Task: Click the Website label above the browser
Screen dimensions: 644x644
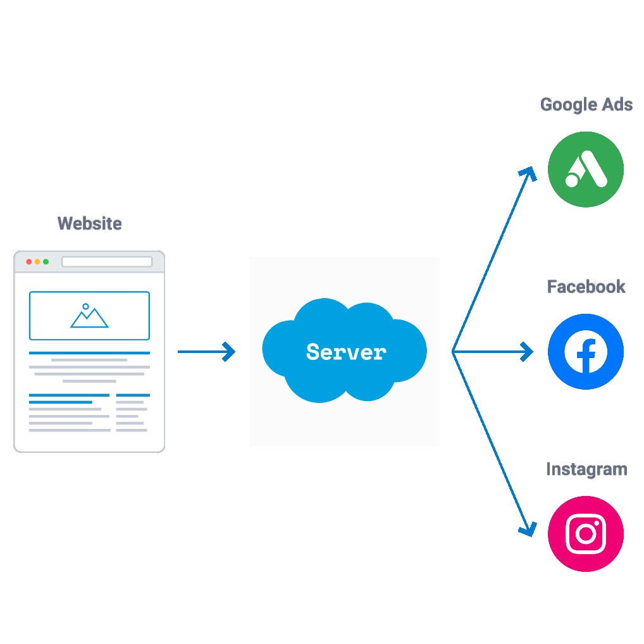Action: (89, 223)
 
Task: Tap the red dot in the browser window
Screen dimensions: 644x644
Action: (29, 262)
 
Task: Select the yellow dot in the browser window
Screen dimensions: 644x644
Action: (37, 262)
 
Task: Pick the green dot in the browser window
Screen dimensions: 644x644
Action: (46, 262)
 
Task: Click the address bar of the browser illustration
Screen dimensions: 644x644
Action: (107, 262)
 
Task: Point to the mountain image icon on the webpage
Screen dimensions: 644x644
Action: (89, 316)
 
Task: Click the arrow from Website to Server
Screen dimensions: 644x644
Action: (206, 352)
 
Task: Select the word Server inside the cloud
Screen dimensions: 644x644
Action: (345, 352)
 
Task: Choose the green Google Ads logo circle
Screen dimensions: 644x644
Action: (586, 170)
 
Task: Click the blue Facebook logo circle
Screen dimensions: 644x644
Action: (586, 352)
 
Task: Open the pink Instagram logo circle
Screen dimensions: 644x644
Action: (586, 534)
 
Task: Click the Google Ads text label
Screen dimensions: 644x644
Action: (586, 104)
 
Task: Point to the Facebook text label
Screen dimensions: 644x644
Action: (586, 287)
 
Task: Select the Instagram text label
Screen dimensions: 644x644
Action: (586, 469)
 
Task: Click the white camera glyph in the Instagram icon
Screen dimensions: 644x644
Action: (586, 534)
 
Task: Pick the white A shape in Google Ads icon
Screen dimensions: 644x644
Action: (588, 170)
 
